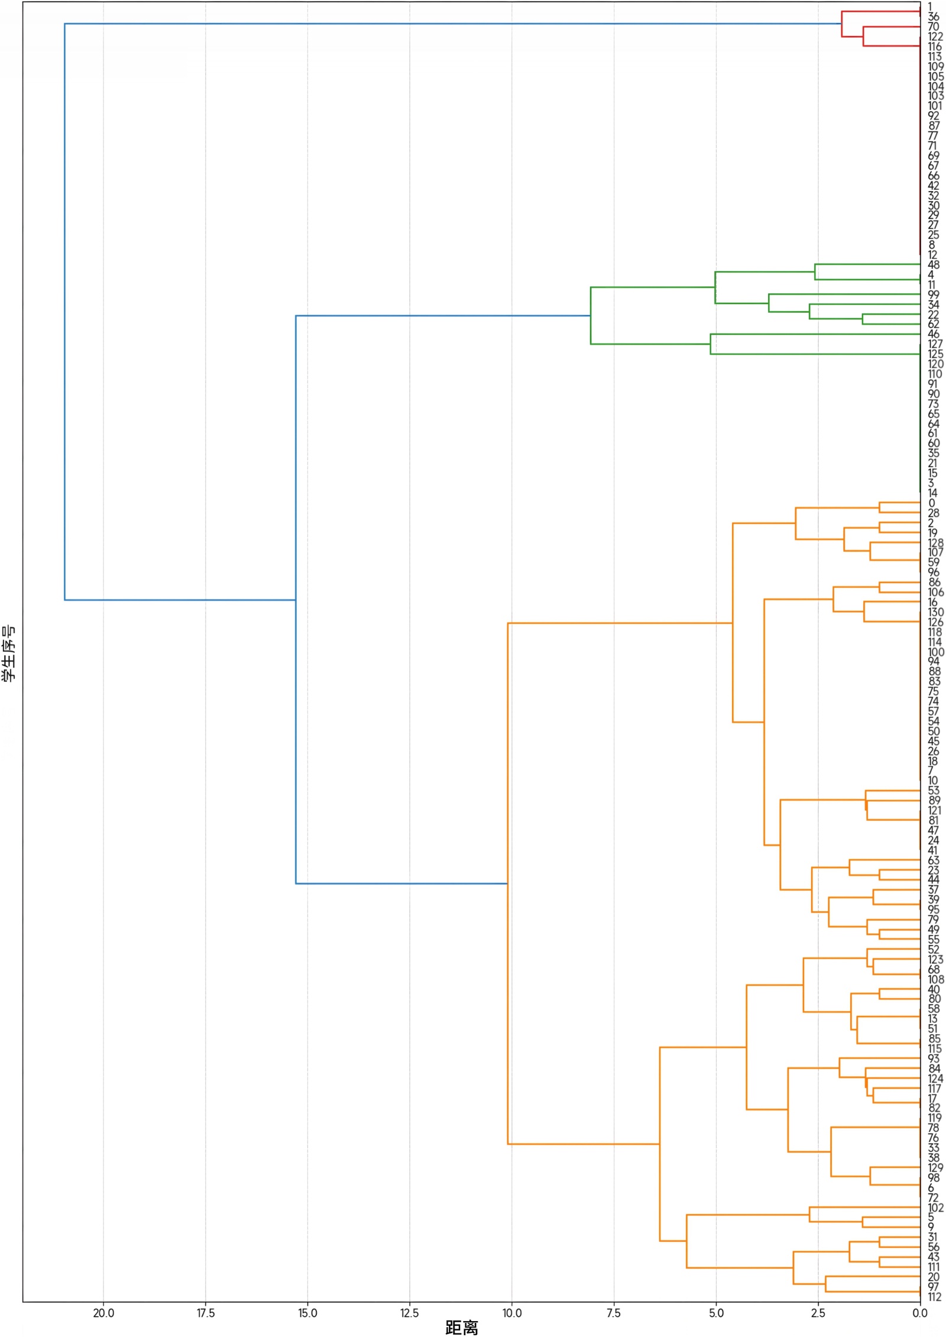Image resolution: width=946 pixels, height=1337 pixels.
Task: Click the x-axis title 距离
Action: pyautogui.click(x=461, y=1327)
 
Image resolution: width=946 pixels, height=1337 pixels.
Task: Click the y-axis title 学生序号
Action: pyautogui.click(x=9, y=653)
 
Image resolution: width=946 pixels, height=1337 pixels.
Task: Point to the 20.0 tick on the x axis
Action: pyautogui.click(x=103, y=1313)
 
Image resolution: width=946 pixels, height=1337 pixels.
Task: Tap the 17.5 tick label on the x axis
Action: pyautogui.click(x=205, y=1313)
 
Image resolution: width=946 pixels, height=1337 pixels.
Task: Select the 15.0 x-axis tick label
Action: pyautogui.click(x=307, y=1313)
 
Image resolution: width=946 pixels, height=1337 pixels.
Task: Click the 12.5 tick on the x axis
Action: pyautogui.click(x=410, y=1313)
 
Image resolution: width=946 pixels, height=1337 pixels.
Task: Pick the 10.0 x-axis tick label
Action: pyautogui.click(x=511, y=1313)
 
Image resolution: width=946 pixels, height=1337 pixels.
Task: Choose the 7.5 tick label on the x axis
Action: pyautogui.click(x=614, y=1313)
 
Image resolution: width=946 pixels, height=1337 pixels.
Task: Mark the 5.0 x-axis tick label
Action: pyautogui.click(x=716, y=1313)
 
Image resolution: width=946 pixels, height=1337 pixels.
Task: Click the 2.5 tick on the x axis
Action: pyautogui.click(x=818, y=1313)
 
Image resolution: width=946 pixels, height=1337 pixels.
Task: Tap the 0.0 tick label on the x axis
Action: pyautogui.click(x=920, y=1313)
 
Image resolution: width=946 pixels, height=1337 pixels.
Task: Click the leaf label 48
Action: pyautogui.click(x=934, y=264)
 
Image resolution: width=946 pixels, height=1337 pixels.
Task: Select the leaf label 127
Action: pyautogui.click(x=935, y=344)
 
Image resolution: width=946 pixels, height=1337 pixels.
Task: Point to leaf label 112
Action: pyautogui.click(x=935, y=1297)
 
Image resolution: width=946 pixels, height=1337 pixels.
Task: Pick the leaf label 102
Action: pyautogui.click(x=935, y=1207)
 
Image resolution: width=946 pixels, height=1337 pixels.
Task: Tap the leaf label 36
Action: pyautogui.click(x=934, y=17)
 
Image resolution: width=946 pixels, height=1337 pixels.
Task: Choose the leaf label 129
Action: pyautogui.click(x=935, y=1168)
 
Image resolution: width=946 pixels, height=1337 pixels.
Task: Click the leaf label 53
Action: pyautogui.click(x=934, y=790)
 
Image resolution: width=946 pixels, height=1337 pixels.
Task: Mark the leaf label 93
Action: pyautogui.click(x=934, y=1058)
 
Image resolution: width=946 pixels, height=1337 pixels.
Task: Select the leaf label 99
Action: pyautogui.click(x=934, y=294)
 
